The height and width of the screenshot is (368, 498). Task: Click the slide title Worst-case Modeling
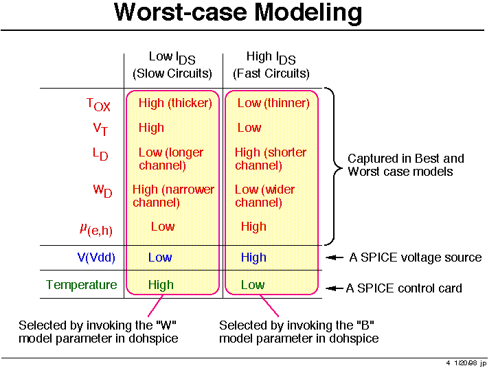pos(238,12)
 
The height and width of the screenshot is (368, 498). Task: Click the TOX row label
pos(98,104)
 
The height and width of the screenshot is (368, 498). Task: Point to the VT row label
pos(100,129)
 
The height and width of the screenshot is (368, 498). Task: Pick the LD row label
pos(100,154)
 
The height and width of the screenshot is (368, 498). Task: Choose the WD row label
pos(102,190)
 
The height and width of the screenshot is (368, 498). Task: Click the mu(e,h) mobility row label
pos(96,229)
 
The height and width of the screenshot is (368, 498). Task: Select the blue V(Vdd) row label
pos(96,257)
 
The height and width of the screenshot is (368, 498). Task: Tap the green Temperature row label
pos(82,285)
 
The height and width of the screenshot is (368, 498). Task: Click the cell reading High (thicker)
pos(175,103)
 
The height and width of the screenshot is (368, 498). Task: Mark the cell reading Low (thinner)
pos(273,103)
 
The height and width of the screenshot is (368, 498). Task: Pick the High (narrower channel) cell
pos(173,196)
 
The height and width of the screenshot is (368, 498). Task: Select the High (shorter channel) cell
pos(271,159)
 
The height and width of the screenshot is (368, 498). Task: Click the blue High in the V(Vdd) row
pos(253,257)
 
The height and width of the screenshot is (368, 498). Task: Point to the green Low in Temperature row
pos(253,285)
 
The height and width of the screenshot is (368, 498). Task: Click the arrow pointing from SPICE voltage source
pos(335,257)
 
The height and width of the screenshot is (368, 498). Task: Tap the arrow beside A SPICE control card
pos(335,288)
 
